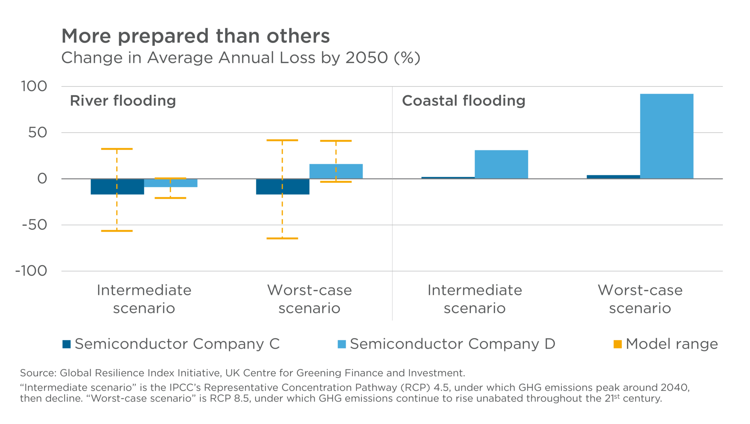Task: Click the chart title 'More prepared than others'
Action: (196, 36)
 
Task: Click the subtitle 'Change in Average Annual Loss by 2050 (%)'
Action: (241, 58)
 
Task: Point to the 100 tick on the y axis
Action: (34, 86)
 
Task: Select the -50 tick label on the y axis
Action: (34, 225)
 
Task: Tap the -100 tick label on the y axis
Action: (31, 271)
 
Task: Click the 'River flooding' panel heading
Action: (123, 101)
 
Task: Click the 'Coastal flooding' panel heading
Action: (463, 101)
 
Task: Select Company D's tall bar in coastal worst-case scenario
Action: (667, 136)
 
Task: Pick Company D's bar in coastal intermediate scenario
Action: (501, 165)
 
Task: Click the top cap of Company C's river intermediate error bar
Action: (117, 149)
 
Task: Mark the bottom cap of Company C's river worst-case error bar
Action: (282, 238)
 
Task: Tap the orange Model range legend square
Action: (617, 344)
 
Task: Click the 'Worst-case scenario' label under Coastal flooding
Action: (640, 299)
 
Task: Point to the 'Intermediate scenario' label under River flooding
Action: (144, 299)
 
